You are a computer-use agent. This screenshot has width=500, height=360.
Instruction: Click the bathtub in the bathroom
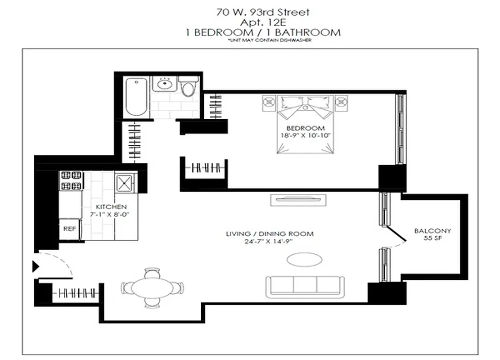pyautogui.click(x=136, y=97)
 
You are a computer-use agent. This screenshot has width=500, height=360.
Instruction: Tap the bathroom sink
pyautogui.click(x=164, y=84)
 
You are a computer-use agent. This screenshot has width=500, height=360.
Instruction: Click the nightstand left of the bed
pyautogui.click(x=269, y=102)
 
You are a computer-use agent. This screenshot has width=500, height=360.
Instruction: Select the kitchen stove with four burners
pyautogui.click(x=71, y=180)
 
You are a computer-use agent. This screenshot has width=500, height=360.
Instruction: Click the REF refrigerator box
pyautogui.click(x=69, y=229)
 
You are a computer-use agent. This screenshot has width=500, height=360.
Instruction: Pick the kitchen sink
pyautogui.click(x=124, y=183)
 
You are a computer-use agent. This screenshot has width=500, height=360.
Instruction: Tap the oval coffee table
pyautogui.click(x=305, y=260)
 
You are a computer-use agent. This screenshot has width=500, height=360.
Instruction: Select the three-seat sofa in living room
pyautogui.click(x=305, y=286)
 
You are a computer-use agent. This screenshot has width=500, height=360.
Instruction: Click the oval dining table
pyautogui.click(x=152, y=287)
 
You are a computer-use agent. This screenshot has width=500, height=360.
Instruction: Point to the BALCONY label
pyautogui.click(x=432, y=231)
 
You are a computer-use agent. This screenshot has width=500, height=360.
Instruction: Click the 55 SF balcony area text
pyautogui.click(x=432, y=238)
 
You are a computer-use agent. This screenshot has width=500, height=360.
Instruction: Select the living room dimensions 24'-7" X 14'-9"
pyautogui.click(x=270, y=242)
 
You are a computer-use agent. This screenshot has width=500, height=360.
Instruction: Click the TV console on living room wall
pyautogui.click(x=298, y=199)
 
